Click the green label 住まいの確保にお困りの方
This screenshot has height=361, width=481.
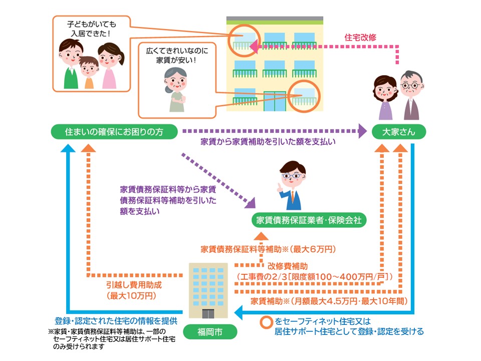115,132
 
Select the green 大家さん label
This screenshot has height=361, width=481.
399,132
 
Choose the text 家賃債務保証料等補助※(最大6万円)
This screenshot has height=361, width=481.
268,249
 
